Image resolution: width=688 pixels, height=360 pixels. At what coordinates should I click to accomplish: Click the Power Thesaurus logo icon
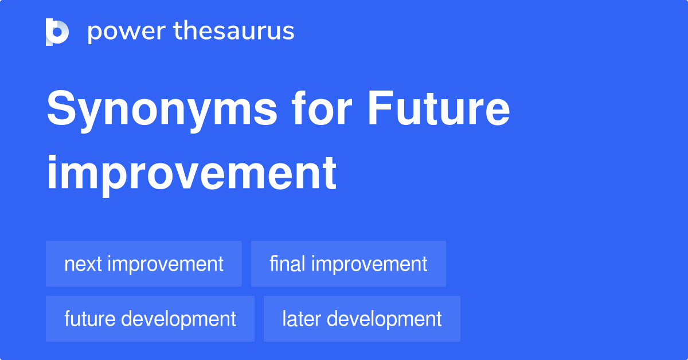point(57,32)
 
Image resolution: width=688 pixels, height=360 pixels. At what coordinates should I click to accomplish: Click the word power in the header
point(127,32)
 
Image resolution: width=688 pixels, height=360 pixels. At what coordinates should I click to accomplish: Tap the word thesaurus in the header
point(234,30)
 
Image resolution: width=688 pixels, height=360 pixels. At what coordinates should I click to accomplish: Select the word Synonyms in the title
point(162,111)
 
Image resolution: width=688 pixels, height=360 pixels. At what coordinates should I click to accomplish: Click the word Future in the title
point(439,108)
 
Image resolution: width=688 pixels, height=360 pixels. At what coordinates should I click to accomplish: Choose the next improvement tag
point(144,264)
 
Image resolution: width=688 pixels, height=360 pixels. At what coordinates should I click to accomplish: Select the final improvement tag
point(349,264)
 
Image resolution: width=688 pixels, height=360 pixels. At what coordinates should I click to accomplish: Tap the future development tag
point(150,319)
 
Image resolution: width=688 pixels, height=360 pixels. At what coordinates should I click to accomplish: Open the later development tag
point(362,319)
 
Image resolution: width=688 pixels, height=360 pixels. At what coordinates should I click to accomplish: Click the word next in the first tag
point(83,264)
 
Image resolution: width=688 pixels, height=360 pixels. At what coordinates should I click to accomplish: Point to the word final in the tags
point(287,263)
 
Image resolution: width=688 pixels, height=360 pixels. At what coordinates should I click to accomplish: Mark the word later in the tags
point(302,319)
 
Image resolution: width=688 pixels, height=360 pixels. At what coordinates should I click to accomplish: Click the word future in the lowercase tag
point(89,319)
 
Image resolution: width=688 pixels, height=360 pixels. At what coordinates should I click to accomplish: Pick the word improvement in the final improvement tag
point(369,264)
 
